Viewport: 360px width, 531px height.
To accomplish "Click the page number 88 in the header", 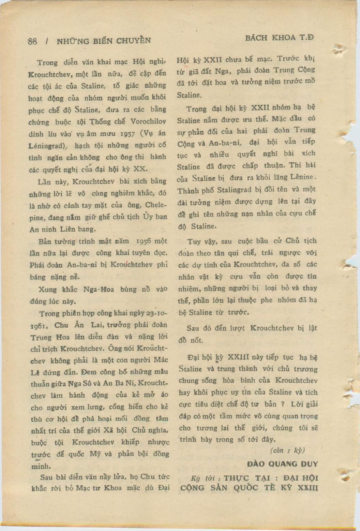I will [x=32, y=41].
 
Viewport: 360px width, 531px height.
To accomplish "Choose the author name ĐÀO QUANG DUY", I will [x=282, y=464].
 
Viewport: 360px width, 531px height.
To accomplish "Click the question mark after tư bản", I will [x=283, y=404].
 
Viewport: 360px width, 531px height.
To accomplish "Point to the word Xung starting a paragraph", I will [x=47, y=290].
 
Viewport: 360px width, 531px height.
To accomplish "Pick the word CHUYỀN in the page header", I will [x=134, y=41].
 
